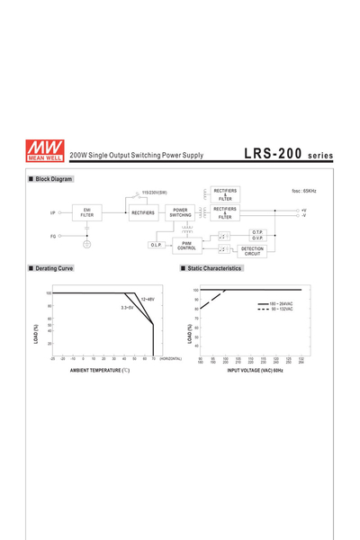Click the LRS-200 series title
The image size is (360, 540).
(x=287, y=154)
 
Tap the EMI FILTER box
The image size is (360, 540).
(x=86, y=213)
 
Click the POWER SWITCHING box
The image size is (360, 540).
(x=181, y=213)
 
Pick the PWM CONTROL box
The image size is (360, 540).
(x=186, y=245)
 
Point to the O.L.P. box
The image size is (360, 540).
(x=156, y=245)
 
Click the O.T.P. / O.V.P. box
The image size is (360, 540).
(x=257, y=235)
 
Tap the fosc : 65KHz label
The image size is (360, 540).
(x=304, y=192)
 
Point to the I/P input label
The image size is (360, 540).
(x=53, y=213)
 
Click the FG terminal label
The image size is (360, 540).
(x=53, y=236)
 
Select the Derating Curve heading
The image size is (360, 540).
(x=54, y=268)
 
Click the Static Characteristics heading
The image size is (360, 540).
(x=213, y=268)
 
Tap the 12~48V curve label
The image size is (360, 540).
(x=148, y=299)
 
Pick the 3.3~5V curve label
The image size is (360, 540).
(x=127, y=308)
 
